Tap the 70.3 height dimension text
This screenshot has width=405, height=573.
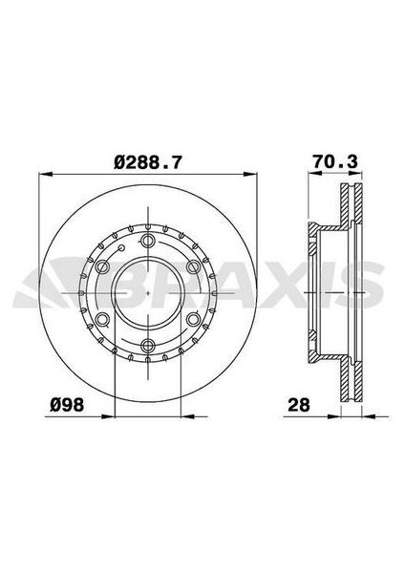[334, 163]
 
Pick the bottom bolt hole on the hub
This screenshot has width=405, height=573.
[147, 347]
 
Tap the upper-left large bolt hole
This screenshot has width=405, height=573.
[100, 266]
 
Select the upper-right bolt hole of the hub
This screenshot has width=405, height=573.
[194, 266]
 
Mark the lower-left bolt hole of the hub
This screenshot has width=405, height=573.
[100, 320]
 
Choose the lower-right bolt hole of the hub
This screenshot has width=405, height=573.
[194, 320]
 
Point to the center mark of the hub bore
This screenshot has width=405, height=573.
[147, 293]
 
